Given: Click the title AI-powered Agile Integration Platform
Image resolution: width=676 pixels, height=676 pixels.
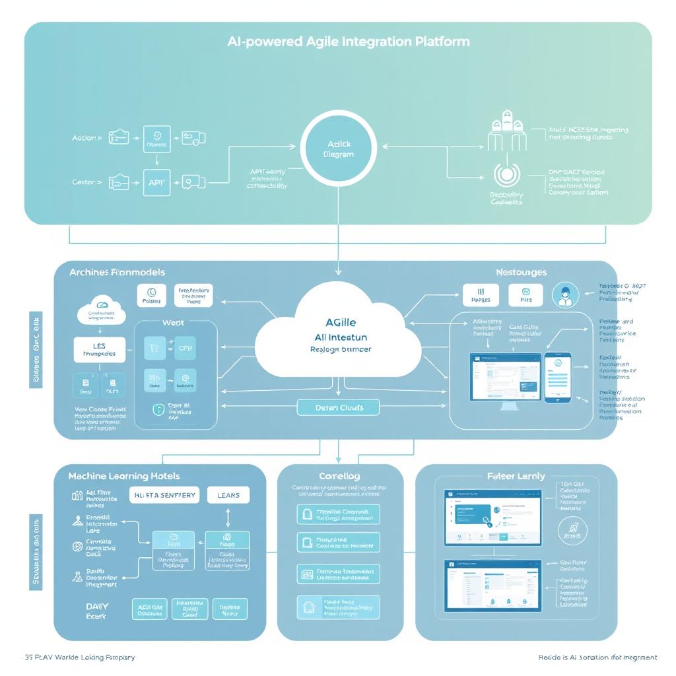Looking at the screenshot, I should (x=348, y=42).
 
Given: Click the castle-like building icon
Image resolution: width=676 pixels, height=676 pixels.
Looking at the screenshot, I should (x=507, y=130).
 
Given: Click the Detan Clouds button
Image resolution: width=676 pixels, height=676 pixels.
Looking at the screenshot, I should (x=339, y=407).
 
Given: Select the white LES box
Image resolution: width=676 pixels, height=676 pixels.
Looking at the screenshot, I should (x=99, y=349).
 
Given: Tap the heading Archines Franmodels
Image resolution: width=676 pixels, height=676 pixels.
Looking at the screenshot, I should (x=117, y=272).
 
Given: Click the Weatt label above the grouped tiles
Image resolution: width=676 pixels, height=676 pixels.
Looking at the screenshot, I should (x=172, y=323).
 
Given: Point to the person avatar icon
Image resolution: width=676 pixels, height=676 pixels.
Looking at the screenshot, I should (x=564, y=294).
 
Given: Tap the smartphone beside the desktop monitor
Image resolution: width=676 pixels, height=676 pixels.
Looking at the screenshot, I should (x=558, y=377).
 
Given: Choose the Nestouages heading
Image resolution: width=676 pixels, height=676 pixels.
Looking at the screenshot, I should (x=521, y=272).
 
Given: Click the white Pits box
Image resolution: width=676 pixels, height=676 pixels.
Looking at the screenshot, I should (x=526, y=295).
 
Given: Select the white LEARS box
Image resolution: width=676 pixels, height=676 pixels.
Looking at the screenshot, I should (x=228, y=495).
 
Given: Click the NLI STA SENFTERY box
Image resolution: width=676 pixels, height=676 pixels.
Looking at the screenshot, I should (x=164, y=495).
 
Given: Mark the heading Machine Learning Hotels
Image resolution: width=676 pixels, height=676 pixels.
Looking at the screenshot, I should (x=123, y=475).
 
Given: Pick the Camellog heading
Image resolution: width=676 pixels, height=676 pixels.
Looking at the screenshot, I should (x=339, y=475).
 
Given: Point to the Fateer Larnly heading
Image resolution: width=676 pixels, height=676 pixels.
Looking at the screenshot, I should (x=516, y=475).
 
